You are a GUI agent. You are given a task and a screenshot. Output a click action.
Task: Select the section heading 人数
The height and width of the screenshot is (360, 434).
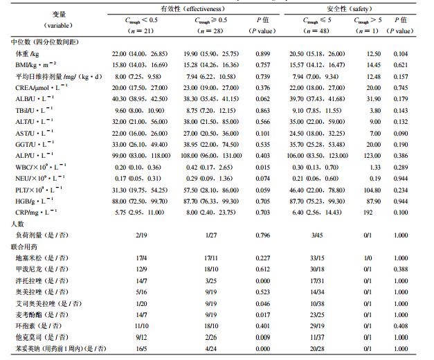click(18, 224)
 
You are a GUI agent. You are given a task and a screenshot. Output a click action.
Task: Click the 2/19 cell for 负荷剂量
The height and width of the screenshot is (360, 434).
click(135, 235)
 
